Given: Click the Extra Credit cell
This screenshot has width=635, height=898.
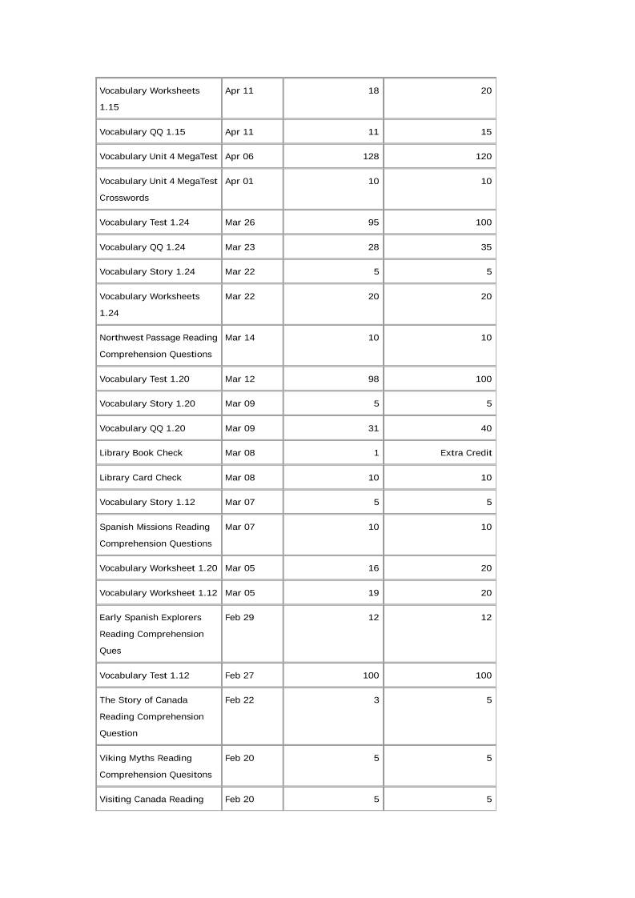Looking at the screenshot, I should click(x=466, y=453).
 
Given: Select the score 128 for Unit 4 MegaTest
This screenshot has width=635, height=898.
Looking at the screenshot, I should click(x=371, y=157).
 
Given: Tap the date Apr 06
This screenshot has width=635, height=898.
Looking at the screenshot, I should click(x=239, y=157).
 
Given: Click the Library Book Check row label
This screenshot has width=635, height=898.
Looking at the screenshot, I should click(x=141, y=453).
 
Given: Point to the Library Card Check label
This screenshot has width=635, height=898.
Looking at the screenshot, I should click(x=140, y=478).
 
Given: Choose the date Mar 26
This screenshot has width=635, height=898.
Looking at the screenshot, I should click(x=239, y=222).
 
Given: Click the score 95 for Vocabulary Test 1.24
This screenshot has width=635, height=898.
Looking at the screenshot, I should click(x=373, y=222).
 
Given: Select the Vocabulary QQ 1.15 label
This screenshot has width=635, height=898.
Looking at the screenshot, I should click(x=142, y=132).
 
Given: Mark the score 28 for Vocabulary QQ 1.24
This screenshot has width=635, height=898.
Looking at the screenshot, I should click(x=373, y=247).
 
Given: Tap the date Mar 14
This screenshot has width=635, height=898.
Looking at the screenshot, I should click(x=239, y=338).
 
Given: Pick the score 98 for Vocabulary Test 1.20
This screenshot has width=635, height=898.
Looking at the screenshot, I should click(x=373, y=379).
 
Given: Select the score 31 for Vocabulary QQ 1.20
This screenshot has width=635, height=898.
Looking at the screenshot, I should click(x=373, y=429).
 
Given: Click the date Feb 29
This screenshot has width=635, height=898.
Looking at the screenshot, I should click(x=239, y=618).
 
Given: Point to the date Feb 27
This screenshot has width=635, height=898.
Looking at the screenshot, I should click(x=239, y=676).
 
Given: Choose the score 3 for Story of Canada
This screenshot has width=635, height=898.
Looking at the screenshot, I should click(x=376, y=700).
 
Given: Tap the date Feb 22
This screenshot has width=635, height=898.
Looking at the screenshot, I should click(x=239, y=700).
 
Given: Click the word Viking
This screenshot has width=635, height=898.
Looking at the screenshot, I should click(x=113, y=758).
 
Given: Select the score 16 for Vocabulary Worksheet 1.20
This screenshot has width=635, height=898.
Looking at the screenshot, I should click(x=373, y=568).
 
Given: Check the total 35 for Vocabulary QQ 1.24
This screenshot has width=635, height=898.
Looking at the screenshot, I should click(x=486, y=247).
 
